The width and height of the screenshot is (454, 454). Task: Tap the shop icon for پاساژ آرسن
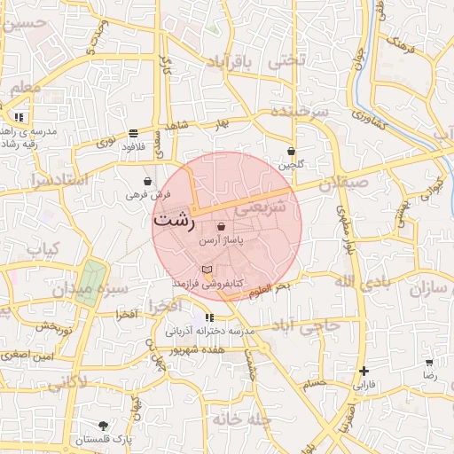pos(220,227)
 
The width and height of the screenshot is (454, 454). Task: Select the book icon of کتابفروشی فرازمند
pos(207,269)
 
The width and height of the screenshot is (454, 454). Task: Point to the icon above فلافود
pos(133,133)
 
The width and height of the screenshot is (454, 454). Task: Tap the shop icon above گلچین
pos(291,152)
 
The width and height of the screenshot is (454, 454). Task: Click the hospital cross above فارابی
pos(364,372)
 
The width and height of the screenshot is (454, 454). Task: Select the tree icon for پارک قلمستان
pos(104,426)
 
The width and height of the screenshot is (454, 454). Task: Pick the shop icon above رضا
pos(429,363)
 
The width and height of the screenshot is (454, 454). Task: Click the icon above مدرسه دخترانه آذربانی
pos(209,317)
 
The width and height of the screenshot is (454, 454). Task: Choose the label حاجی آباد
pos(309,325)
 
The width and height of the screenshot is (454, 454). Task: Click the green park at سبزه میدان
pos(89,283)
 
